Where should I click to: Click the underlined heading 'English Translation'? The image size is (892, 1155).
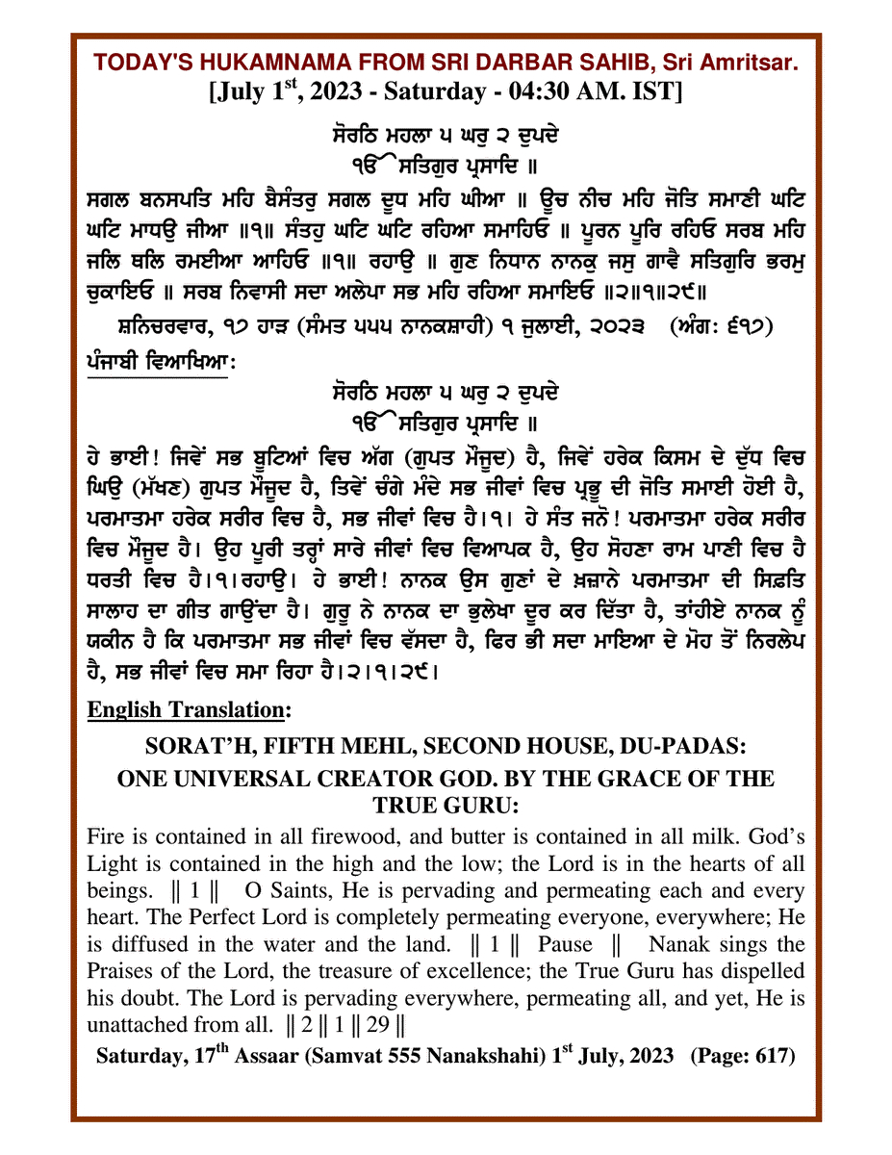[189, 709]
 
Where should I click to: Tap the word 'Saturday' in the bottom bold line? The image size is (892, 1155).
[137, 1056]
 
